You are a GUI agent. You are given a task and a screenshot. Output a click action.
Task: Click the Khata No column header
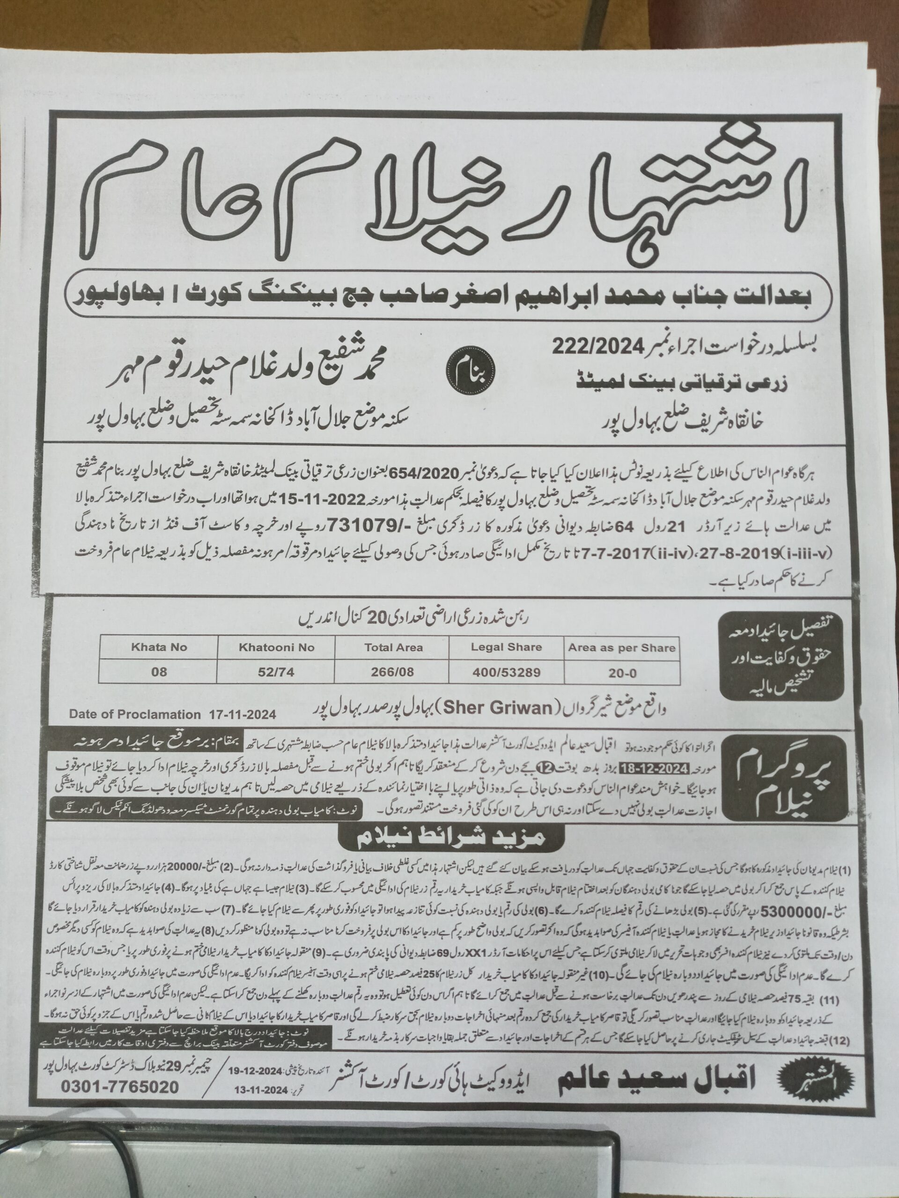[x=159, y=647]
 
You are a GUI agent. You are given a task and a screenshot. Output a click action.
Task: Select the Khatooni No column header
[x=276, y=647]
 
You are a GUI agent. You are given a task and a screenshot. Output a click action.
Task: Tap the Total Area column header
[x=393, y=647]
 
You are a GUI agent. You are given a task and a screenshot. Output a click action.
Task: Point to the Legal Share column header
[x=506, y=647]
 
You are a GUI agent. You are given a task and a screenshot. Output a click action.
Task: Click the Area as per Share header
[x=621, y=648]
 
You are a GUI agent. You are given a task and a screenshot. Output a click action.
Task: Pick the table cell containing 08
[x=159, y=672]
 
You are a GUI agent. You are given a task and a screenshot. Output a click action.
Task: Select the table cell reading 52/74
[x=276, y=672]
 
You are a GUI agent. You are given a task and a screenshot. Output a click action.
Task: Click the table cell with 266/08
[x=393, y=672]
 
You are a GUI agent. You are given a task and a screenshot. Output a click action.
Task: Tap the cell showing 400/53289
[x=506, y=672]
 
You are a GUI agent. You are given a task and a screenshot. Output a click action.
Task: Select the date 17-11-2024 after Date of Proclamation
[x=242, y=715]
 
